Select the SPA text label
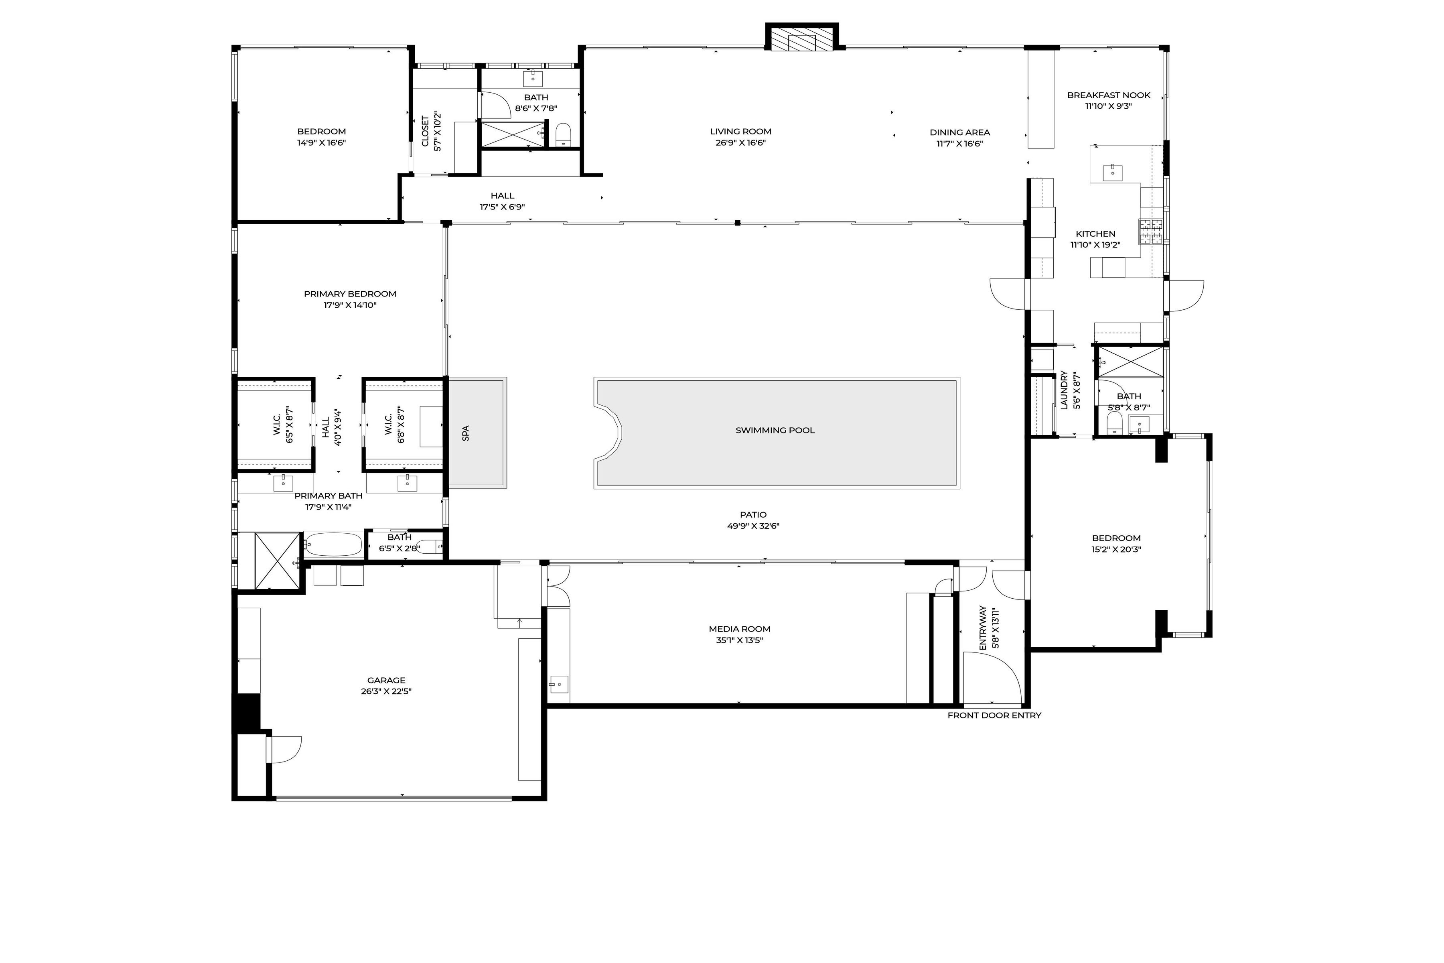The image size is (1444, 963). [465, 433]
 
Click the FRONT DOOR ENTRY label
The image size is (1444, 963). [994, 715]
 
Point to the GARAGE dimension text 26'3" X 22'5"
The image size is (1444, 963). [386, 691]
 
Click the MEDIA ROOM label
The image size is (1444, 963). [739, 629]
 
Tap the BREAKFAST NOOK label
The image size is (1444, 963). [1108, 95]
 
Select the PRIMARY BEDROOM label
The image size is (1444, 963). [350, 294]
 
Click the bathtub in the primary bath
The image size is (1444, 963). [333, 544]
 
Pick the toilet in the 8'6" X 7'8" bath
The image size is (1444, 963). [563, 135]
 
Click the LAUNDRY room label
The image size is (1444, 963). [1064, 390]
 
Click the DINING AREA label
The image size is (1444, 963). [959, 133]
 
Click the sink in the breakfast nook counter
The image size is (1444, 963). [1112, 172]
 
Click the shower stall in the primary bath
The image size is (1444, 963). [276, 561]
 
